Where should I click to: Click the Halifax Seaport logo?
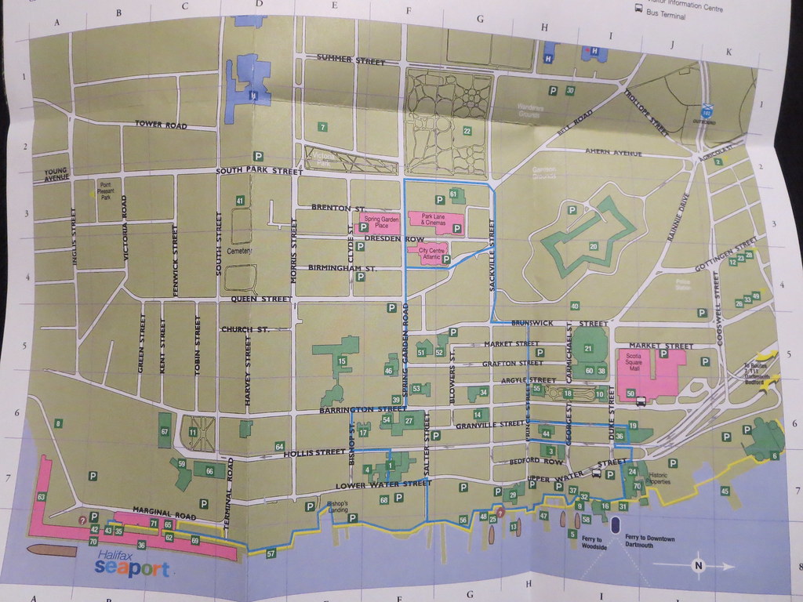coord(131,564)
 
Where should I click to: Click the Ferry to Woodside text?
coord(594,542)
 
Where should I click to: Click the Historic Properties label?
coord(656,479)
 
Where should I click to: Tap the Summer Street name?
coord(351,60)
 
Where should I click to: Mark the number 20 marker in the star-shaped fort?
coord(594,247)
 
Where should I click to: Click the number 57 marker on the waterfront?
coord(271,554)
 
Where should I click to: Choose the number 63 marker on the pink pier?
coord(41,497)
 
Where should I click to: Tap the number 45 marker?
coord(725,491)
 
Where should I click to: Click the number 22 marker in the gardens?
coord(467,131)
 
